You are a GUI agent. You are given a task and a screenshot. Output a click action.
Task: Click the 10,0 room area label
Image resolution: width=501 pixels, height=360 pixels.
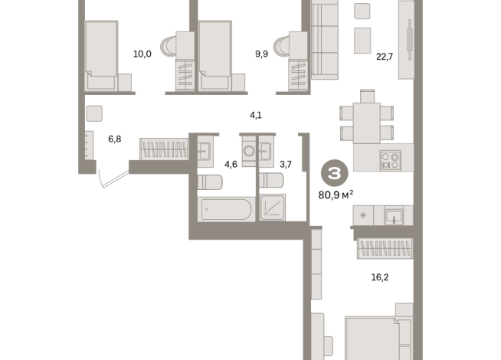pos(142,54)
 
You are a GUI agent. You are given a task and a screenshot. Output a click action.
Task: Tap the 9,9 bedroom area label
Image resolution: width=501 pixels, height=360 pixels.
pos(261,54)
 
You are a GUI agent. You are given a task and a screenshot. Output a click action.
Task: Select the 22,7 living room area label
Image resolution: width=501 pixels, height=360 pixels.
pos(385,57)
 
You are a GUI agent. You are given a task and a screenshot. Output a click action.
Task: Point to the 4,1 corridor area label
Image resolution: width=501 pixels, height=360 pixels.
pos(256,115)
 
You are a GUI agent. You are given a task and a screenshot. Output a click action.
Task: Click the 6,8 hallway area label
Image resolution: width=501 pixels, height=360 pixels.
pos(114,139)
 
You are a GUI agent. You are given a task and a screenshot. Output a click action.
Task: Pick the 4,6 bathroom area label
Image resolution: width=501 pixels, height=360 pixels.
pos(231,165)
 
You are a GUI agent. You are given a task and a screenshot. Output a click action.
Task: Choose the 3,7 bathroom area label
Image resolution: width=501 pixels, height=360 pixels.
pos(286,165)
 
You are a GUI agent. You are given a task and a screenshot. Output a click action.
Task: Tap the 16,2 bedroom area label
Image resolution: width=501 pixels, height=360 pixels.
pos(380,277)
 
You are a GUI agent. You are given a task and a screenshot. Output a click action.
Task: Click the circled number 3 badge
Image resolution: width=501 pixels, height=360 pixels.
pos(335,173)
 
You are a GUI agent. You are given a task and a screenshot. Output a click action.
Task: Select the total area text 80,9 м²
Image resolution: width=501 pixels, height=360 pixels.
pos(336,195)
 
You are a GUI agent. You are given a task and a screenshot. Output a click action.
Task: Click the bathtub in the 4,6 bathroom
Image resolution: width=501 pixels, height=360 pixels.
pos(226,209)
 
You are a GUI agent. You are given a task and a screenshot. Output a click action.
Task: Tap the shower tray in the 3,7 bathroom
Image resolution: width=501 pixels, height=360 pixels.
pos(273,208)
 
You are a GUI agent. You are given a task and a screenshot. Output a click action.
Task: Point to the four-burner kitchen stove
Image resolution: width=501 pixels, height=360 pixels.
pos(391,161)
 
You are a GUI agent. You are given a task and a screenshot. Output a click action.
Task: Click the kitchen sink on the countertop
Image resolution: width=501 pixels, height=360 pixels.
pos(394,215)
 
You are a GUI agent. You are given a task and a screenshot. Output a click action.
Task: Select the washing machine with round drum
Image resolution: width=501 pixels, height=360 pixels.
pos(249,151)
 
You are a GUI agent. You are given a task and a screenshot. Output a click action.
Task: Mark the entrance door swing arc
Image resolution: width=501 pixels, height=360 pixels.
pos(100,179)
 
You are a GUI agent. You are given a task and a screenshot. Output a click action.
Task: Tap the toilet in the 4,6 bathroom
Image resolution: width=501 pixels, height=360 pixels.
pos(210,182)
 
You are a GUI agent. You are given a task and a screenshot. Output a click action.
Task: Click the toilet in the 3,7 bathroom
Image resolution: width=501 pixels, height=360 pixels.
pos(271,180)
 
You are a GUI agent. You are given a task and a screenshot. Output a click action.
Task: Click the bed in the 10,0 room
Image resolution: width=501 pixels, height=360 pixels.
pos(101,55)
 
